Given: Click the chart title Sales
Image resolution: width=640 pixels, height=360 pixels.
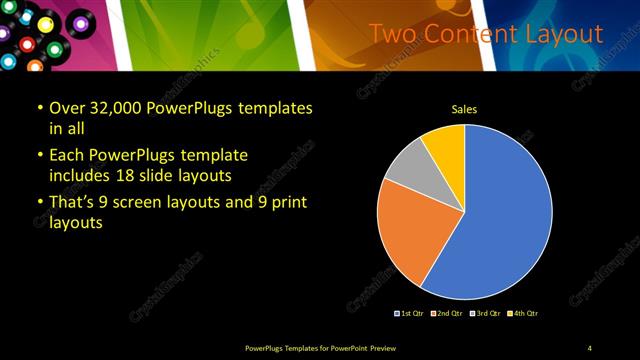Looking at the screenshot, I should [464, 109].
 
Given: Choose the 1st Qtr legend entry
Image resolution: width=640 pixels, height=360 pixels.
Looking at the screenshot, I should [410, 313].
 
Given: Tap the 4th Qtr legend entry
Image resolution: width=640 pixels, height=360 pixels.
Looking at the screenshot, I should [523, 313].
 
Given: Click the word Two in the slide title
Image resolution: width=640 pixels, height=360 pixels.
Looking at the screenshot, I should [391, 34].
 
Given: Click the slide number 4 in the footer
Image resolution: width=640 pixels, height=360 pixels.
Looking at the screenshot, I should [590, 347].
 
